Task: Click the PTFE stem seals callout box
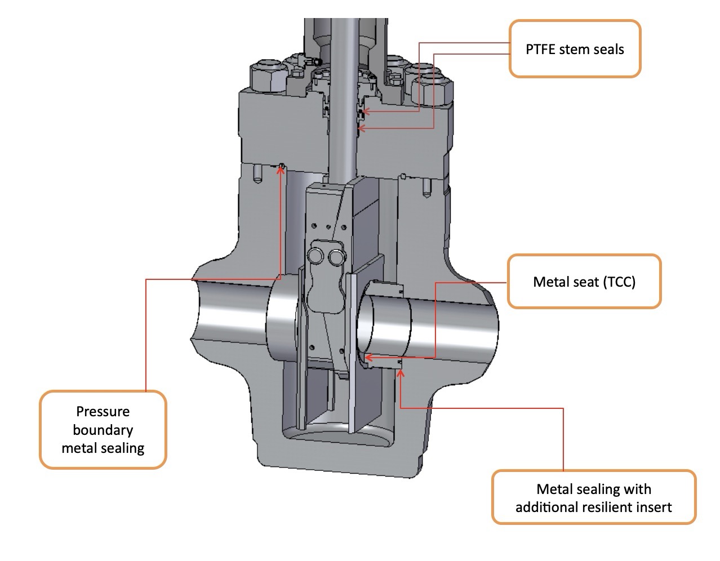575,49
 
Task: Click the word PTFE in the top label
540,49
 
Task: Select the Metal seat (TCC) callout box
584,282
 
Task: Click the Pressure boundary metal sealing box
103,430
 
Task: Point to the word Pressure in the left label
103,411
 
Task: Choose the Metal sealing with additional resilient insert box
593,497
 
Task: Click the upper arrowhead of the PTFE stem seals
366,111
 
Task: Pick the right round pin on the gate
336,257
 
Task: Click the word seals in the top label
608,49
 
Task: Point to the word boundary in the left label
103,430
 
